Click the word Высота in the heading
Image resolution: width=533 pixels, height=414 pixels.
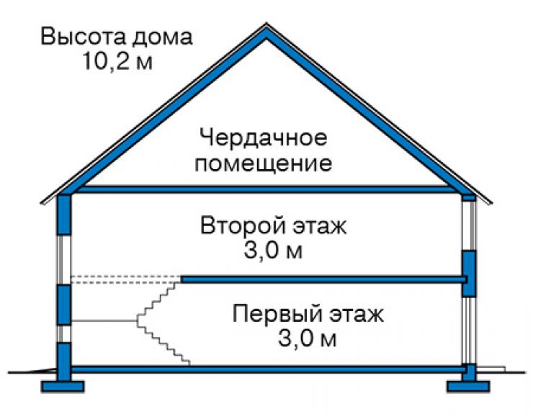[84, 37]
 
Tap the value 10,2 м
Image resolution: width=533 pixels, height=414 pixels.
[117, 61]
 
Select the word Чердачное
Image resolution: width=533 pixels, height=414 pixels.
[264, 138]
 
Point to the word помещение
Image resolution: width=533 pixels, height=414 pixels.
[264, 164]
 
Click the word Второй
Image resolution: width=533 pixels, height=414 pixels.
[244, 225]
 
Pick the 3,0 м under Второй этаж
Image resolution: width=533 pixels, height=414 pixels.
[273, 251]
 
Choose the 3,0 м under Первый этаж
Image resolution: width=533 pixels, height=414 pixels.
[308, 338]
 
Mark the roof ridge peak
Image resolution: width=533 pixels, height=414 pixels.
[266, 24]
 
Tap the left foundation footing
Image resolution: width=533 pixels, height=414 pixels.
[63, 387]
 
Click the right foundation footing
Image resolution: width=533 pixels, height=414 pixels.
[468, 387]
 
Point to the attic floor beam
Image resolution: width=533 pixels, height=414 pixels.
[266, 189]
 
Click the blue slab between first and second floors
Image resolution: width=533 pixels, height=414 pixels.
[323, 279]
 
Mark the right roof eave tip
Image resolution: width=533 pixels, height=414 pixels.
[491, 204]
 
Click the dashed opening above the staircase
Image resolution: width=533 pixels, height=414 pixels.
[126, 279]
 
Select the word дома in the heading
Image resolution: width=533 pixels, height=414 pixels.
[162, 37]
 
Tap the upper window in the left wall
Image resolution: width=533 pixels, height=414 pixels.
[63, 259]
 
